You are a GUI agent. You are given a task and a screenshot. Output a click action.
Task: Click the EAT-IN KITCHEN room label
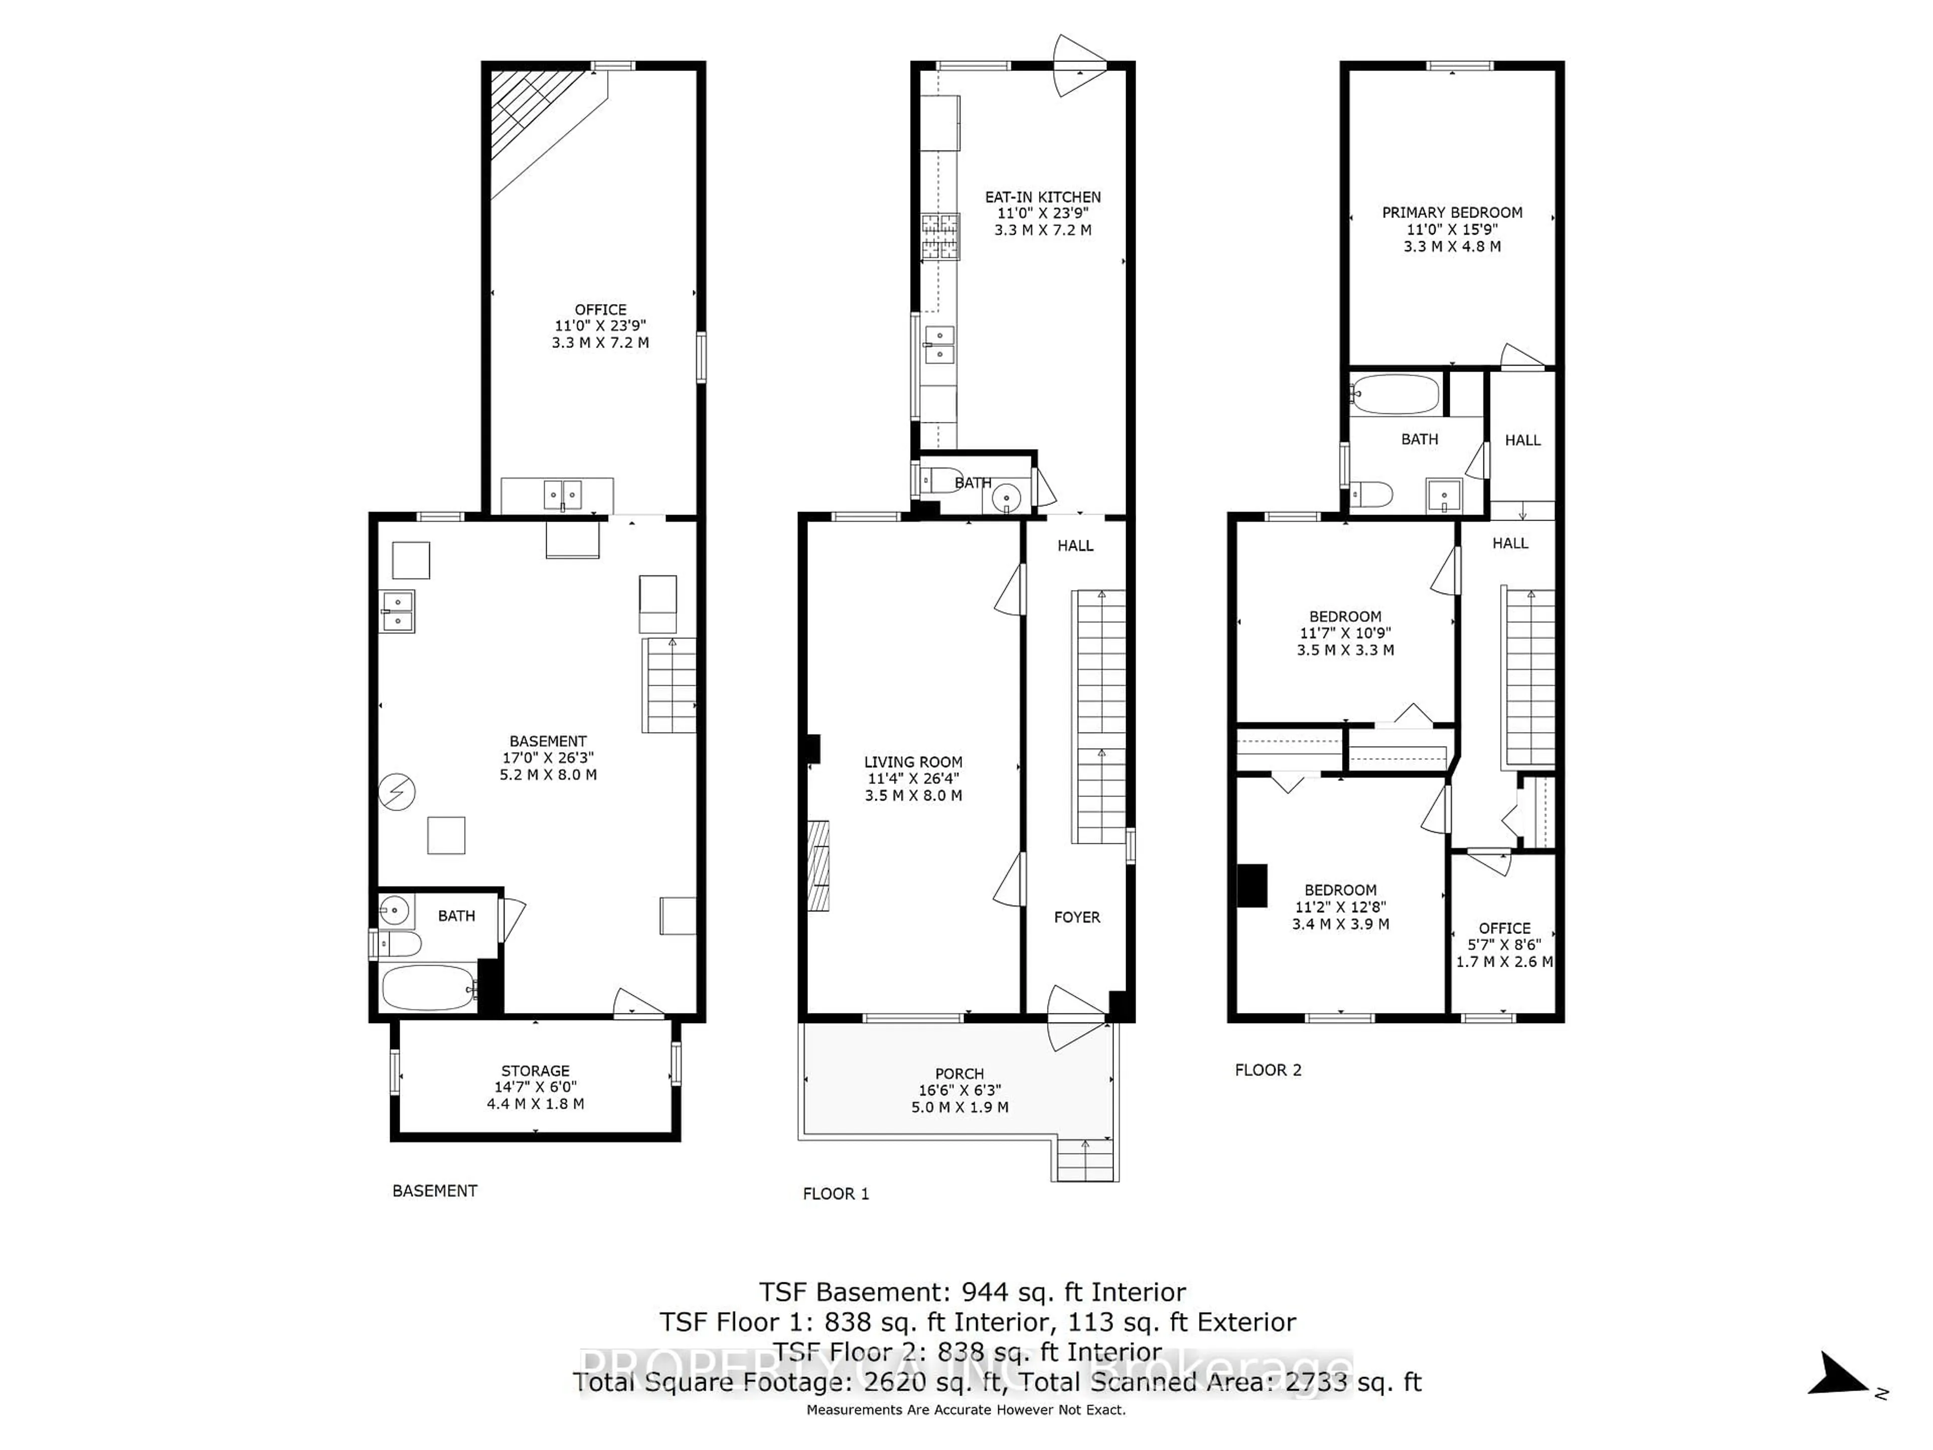[x=1043, y=197]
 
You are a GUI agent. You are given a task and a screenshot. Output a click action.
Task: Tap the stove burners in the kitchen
[x=939, y=237]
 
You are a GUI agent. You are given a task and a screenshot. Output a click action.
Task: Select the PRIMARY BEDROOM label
[x=1451, y=212]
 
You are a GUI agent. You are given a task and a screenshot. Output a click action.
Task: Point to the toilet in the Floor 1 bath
[x=938, y=481]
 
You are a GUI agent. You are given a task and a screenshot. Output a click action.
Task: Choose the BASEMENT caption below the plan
[x=434, y=1190]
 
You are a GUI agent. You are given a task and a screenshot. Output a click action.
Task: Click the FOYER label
[x=1077, y=917]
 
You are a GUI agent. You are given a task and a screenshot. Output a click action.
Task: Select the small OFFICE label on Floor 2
[x=1504, y=928]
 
